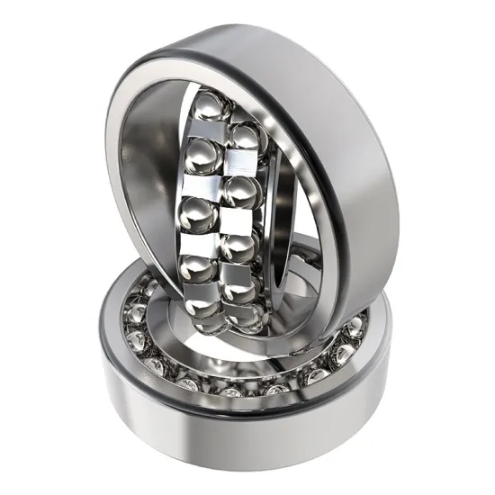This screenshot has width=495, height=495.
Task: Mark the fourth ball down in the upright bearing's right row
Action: (238, 290)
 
